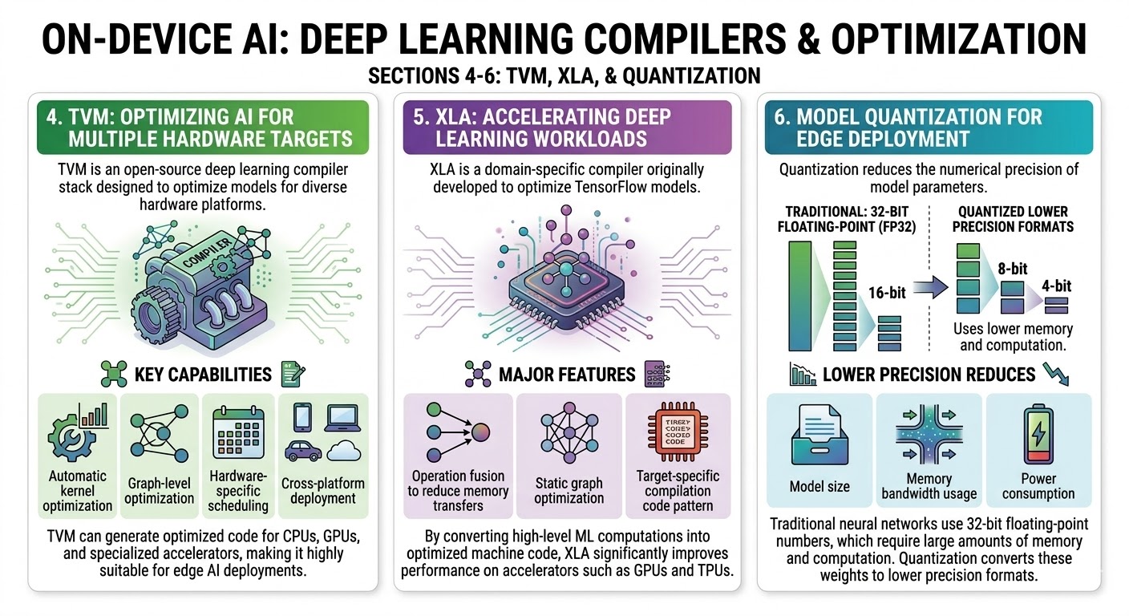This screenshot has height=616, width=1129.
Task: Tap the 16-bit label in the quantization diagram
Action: click(x=886, y=293)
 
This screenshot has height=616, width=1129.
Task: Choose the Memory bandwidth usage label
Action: click(x=929, y=486)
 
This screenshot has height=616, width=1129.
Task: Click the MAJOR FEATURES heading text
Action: click(x=567, y=374)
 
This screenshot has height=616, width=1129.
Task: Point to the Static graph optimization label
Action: click(x=569, y=491)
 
